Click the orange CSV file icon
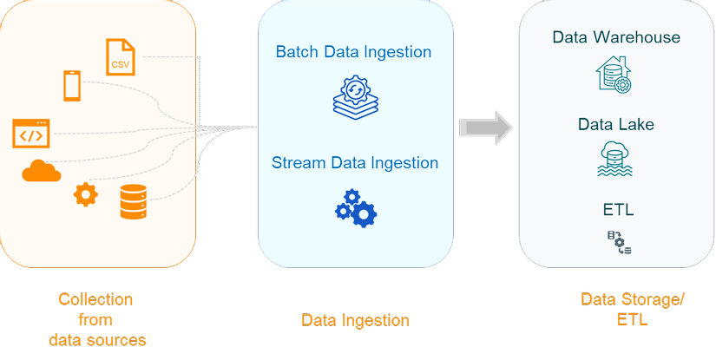[x=121, y=57]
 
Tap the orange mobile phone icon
[x=72, y=85]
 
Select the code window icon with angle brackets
[x=31, y=134]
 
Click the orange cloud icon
[x=42, y=171]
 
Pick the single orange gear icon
[x=86, y=194]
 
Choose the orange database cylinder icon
[x=134, y=201]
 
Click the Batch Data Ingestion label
[x=353, y=52]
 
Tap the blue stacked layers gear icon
[x=355, y=99]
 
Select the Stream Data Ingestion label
[x=355, y=163]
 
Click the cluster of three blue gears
[x=356, y=208]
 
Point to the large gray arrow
[x=486, y=128]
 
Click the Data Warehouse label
[x=616, y=37]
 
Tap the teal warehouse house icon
[x=614, y=75]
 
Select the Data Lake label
[x=616, y=124]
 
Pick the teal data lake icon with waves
[x=615, y=159]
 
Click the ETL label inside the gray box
[x=618, y=210]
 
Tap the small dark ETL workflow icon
[x=619, y=242]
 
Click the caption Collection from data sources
[x=97, y=320]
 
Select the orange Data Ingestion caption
[x=355, y=320]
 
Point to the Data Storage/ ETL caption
[x=633, y=310]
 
